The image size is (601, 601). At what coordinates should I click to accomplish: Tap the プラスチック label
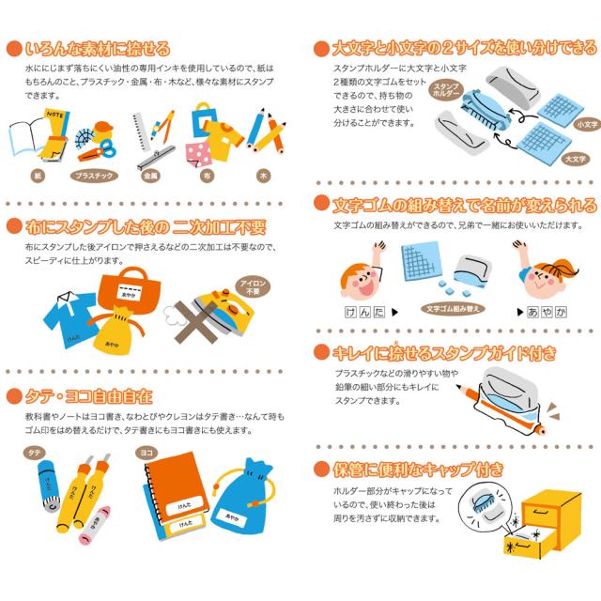(x=93, y=175)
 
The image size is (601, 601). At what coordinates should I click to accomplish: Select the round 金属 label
(x=151, y=175)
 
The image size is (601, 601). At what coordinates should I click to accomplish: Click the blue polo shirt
(x=70, y=318)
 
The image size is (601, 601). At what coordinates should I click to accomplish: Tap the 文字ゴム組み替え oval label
(x=454, y=307)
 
